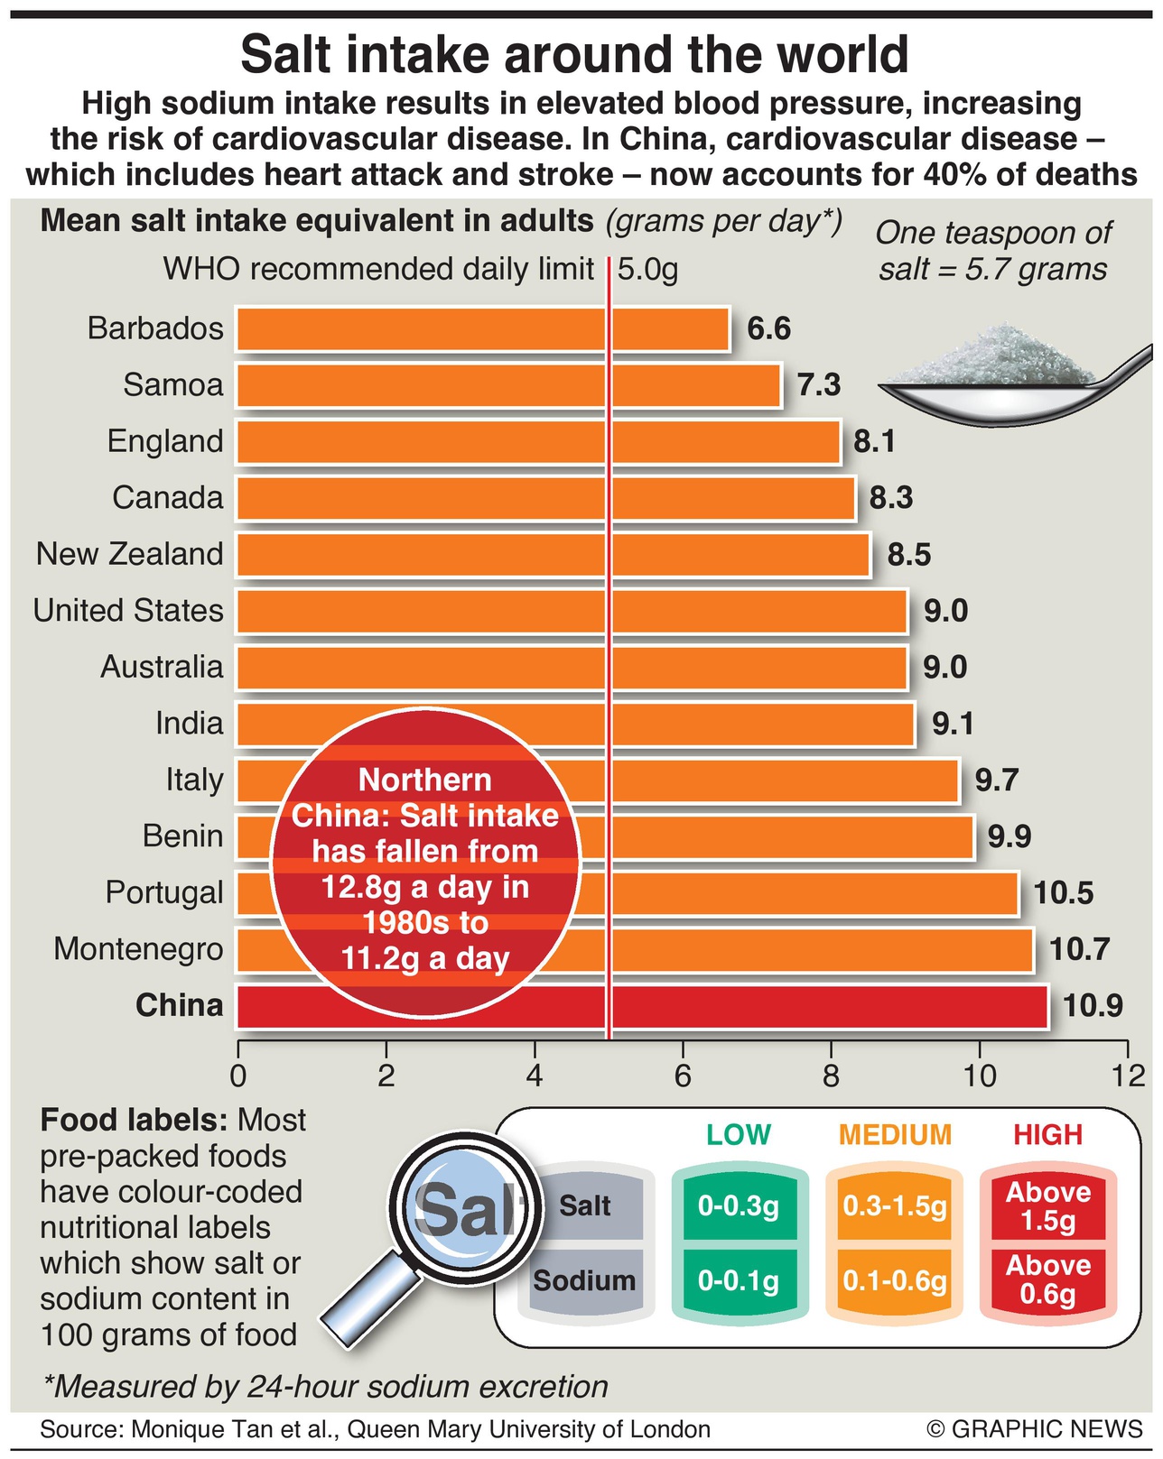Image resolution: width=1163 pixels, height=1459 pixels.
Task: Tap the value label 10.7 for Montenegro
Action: click(x=1079, y=949)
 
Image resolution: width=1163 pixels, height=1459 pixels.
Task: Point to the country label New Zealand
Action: click(x=129, y=554)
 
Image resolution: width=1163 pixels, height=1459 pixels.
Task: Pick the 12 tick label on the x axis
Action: click(x=1127, y=1076)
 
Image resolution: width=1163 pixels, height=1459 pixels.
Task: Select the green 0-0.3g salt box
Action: click(x=739, y=1206)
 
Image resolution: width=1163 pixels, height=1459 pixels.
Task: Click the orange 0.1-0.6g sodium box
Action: click(x=894, y=1280)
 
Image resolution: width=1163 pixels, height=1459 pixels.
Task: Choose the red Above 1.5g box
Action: click(x=1047, y=1206)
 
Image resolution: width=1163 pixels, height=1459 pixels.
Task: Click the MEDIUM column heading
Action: click(x=895, y=1134)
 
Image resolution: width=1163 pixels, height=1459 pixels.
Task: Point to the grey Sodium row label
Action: click(x=584, y=1280)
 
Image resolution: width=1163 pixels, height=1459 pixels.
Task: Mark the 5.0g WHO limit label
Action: click(x=647, y=269)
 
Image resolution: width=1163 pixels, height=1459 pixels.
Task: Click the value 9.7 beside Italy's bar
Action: click(x=996, y=780)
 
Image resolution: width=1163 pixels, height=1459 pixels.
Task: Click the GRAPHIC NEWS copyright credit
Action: click(x=1034, y=1429)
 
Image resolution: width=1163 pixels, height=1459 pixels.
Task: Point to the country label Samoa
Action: click(x=172, y=385)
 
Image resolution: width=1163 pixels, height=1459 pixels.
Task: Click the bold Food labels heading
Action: click(x=134, y=1121)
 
